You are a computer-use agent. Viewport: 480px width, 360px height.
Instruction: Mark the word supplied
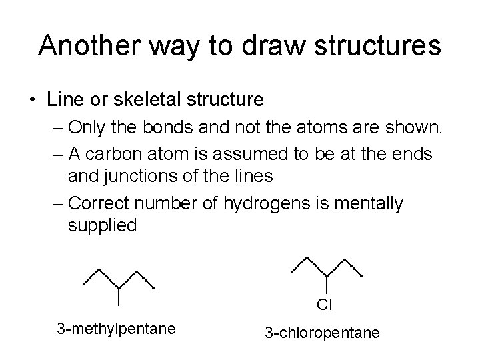pos(102,227)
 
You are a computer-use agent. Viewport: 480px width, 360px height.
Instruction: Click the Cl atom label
pos(325,305)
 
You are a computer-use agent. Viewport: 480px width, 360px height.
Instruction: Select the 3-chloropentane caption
pos(323,331)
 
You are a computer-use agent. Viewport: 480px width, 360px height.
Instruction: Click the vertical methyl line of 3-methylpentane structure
pos(118,295)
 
